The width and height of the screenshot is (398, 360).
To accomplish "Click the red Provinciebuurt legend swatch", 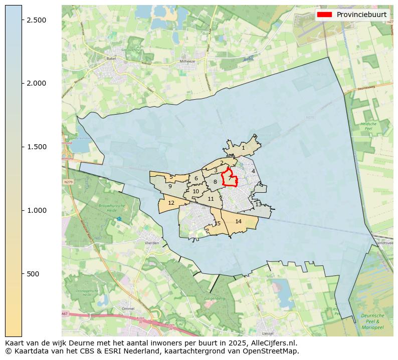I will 325,15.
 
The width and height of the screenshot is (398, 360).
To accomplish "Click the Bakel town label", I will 111,59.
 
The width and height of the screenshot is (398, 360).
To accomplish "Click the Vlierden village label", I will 151,243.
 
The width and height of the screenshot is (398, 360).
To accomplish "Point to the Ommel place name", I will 128,308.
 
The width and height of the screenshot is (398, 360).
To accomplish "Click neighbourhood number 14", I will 239,221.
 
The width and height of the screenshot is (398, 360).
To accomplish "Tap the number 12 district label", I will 171,203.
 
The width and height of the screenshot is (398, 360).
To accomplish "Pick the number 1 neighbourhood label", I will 243,148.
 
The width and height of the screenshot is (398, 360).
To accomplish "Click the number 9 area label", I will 170,186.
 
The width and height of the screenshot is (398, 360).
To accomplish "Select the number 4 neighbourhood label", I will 253,171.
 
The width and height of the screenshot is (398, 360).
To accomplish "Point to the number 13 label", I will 258,204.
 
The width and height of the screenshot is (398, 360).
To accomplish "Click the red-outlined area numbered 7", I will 230,177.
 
